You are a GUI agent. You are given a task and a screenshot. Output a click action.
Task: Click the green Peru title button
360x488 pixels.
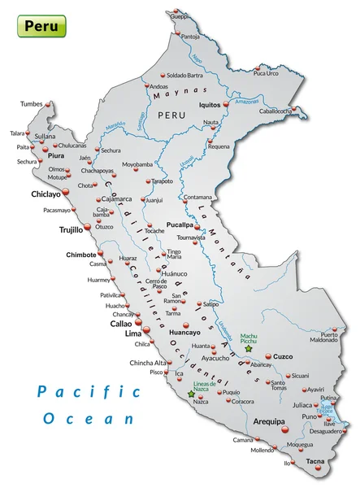coord(41,26)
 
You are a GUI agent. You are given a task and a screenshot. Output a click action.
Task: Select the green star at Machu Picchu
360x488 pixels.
coord(249,349)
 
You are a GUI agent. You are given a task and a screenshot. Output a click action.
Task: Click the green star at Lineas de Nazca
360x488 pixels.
coord(191,394)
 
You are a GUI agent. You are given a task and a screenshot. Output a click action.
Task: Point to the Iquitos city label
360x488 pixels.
coord(210,105)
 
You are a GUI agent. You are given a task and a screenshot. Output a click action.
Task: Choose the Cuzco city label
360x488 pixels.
coord(283,356)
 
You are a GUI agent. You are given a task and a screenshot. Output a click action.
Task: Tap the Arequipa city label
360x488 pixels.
coord(267,422)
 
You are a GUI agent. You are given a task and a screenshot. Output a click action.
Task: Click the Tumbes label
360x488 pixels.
coord(31,104)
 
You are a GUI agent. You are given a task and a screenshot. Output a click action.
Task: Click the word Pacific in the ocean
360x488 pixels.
coord(89,392)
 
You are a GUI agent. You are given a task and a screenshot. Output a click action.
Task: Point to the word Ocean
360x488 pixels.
coord(89,419)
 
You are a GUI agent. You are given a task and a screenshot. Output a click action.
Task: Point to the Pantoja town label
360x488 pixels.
coord(190,36)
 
